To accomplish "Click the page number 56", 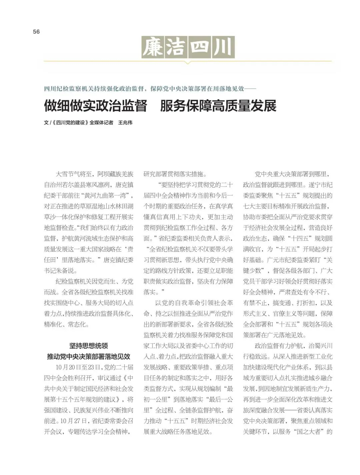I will point(36,32).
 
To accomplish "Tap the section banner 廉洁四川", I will point(188,47).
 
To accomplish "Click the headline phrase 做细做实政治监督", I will point(96,106).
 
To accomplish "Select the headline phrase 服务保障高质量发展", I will point(218,106).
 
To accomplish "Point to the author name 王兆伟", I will point(125,123).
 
